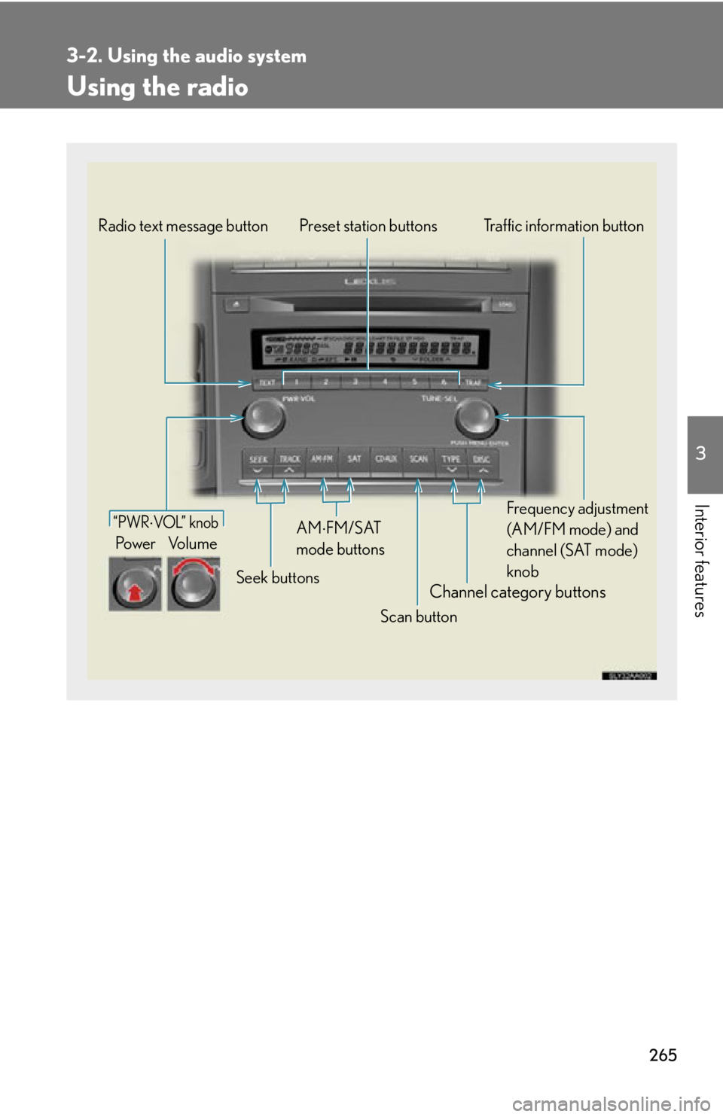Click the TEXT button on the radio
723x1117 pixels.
(267, 382)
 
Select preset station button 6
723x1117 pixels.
(444, 382)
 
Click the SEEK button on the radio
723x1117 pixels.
(258, 462)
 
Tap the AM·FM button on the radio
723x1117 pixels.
(322, 461)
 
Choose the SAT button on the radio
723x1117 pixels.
(355, 461)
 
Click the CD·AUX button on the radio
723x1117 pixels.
(386, 461)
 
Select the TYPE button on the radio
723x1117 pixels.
(451, 462)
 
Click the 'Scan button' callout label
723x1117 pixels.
(418, 616)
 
